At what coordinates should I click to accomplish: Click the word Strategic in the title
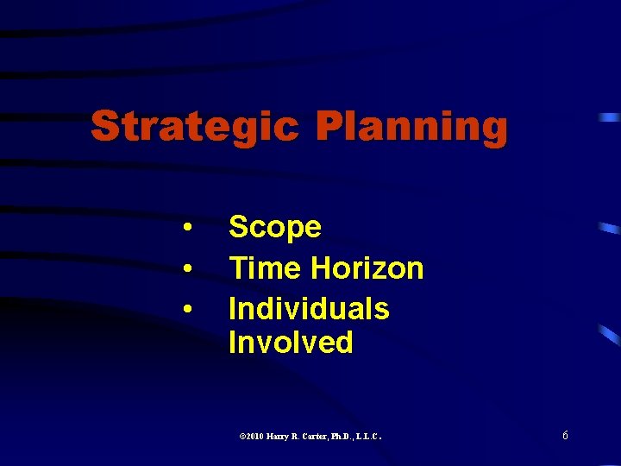pyautogui.click(x=195, y=127)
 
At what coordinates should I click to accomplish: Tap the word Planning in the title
pyautogui.click(x=411, y=127)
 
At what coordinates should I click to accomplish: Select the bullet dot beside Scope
pyautogui.click(x=187, y=228)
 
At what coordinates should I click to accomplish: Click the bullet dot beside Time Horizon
pyautogui.click(x=187, y=269)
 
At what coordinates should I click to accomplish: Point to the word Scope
pyautogui.click(x=275, y=228)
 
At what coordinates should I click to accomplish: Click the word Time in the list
pyautogui.click(x=265, y=268)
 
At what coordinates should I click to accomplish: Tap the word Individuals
pyautogui.click(x=309, y=308)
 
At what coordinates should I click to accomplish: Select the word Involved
pyautogui.click(x=291, y=342)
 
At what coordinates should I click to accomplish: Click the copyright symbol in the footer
pyautogui.click(x=241, y=438)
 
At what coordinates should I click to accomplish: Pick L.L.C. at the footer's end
pyautogui.click(x=373, y=438)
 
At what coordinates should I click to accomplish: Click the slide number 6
pyautogui.click(x=565, y=436)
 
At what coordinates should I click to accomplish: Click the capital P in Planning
pyautogui.click(x=327, y=126)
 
